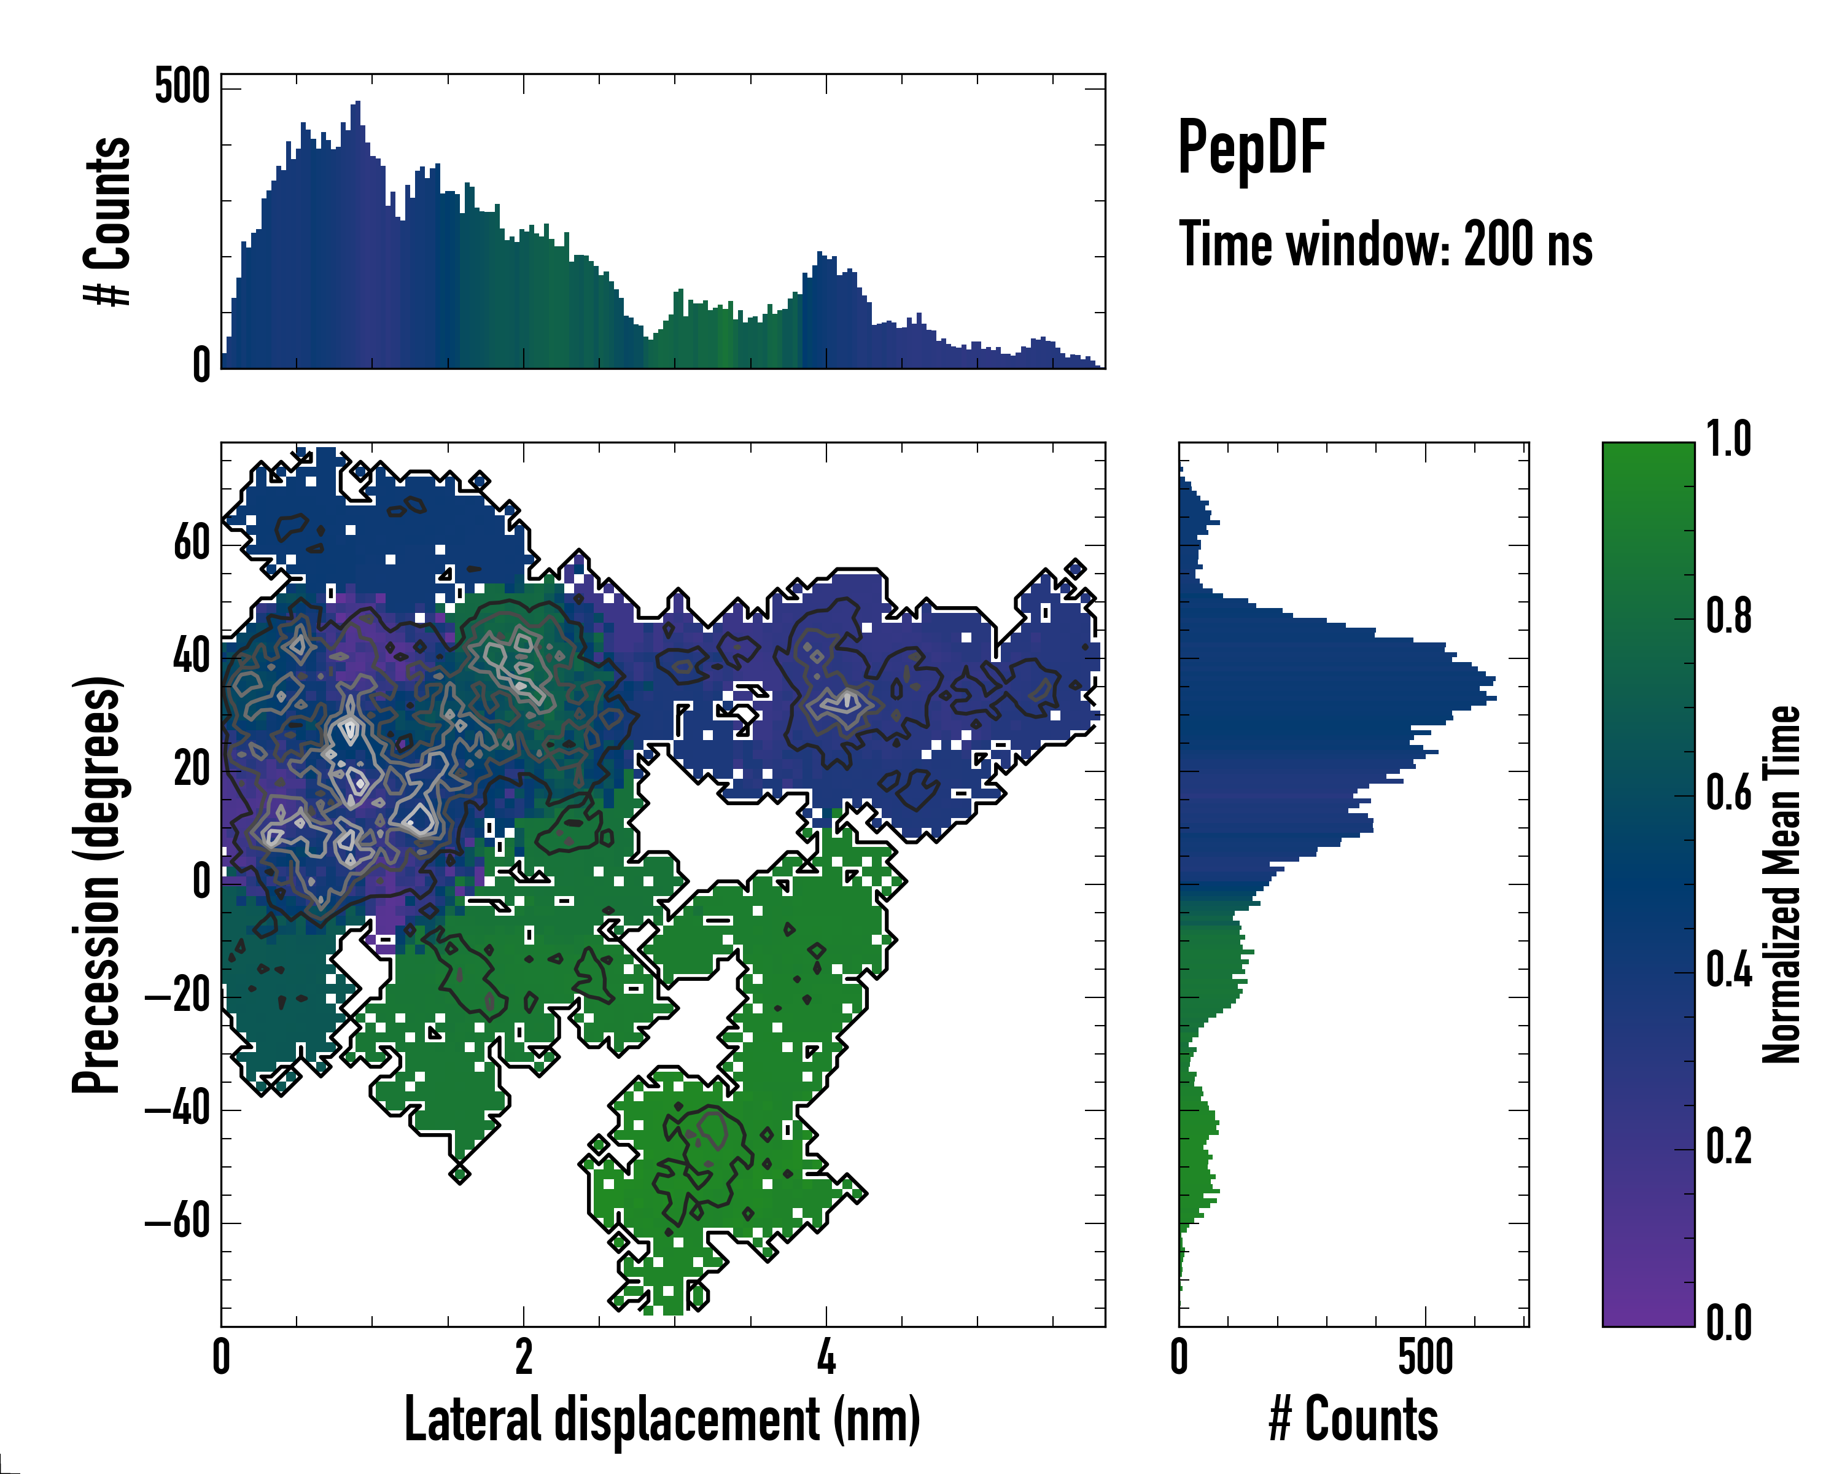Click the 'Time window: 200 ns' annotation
click(x=1385, y=244)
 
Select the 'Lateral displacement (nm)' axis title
click(x=662, y=1419)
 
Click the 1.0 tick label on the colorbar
click(x=1728, y=439)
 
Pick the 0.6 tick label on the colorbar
click(x=1728, y=793)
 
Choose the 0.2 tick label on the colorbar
click(x=1728, y=1147)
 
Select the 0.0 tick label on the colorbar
click(x=1728, y=1323)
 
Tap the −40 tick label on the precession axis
click(x=177, y=1110)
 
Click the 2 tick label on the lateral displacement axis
click(x=524, y=1356)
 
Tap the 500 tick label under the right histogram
click(x=1425, y=1356)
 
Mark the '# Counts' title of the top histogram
click(x=107, y=221)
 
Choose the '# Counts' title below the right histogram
click(x=1353, y=1419)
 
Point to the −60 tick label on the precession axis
click(x=177, y=1223)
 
